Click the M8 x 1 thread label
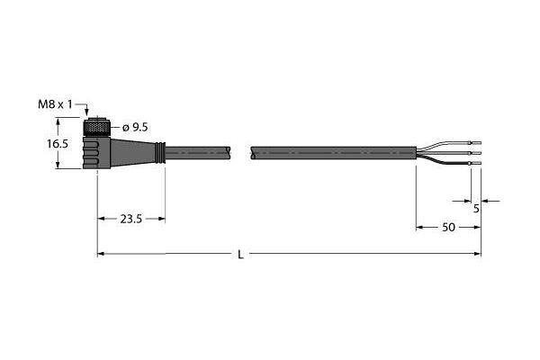coord(55,104)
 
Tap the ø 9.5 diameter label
coord(135,128)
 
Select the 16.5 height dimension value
coord(58,144)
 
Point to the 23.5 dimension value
coord(131,219)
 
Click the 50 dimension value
coord(448,228)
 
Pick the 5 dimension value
coord(476,209)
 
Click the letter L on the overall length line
coord(241,255)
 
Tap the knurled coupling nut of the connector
coord(97,128)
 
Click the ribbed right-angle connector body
coord(96,153)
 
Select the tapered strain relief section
coord(133,152)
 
